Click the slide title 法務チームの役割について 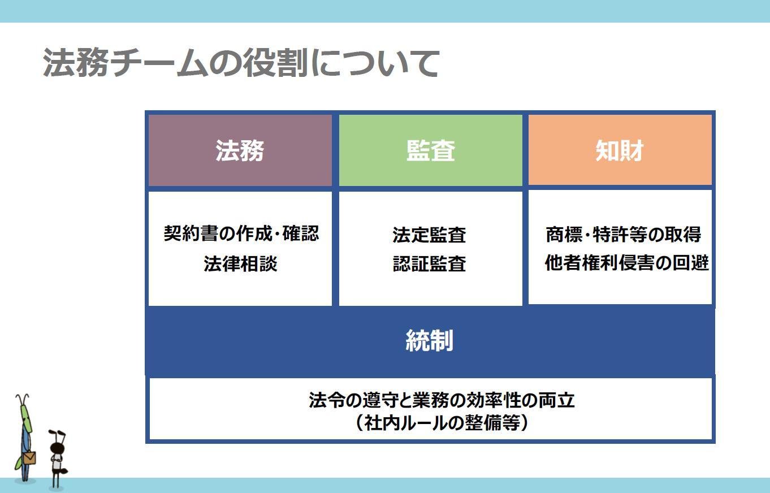click(241, 63)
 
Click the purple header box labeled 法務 click(240, 150)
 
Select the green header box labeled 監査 click(430, 150)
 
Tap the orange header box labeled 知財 click(620, 150)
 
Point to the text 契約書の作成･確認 click(241, 233)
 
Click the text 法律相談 click(240, 263)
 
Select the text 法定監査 click(429, 235)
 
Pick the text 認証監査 click(429, 263)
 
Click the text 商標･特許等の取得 click(623, 234)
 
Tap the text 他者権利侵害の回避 click(626, 263)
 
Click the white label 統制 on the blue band click(430, 340)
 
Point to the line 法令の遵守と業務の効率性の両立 click(442, 400)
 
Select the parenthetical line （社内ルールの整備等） click(442, 422)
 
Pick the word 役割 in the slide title click(275, 63)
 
